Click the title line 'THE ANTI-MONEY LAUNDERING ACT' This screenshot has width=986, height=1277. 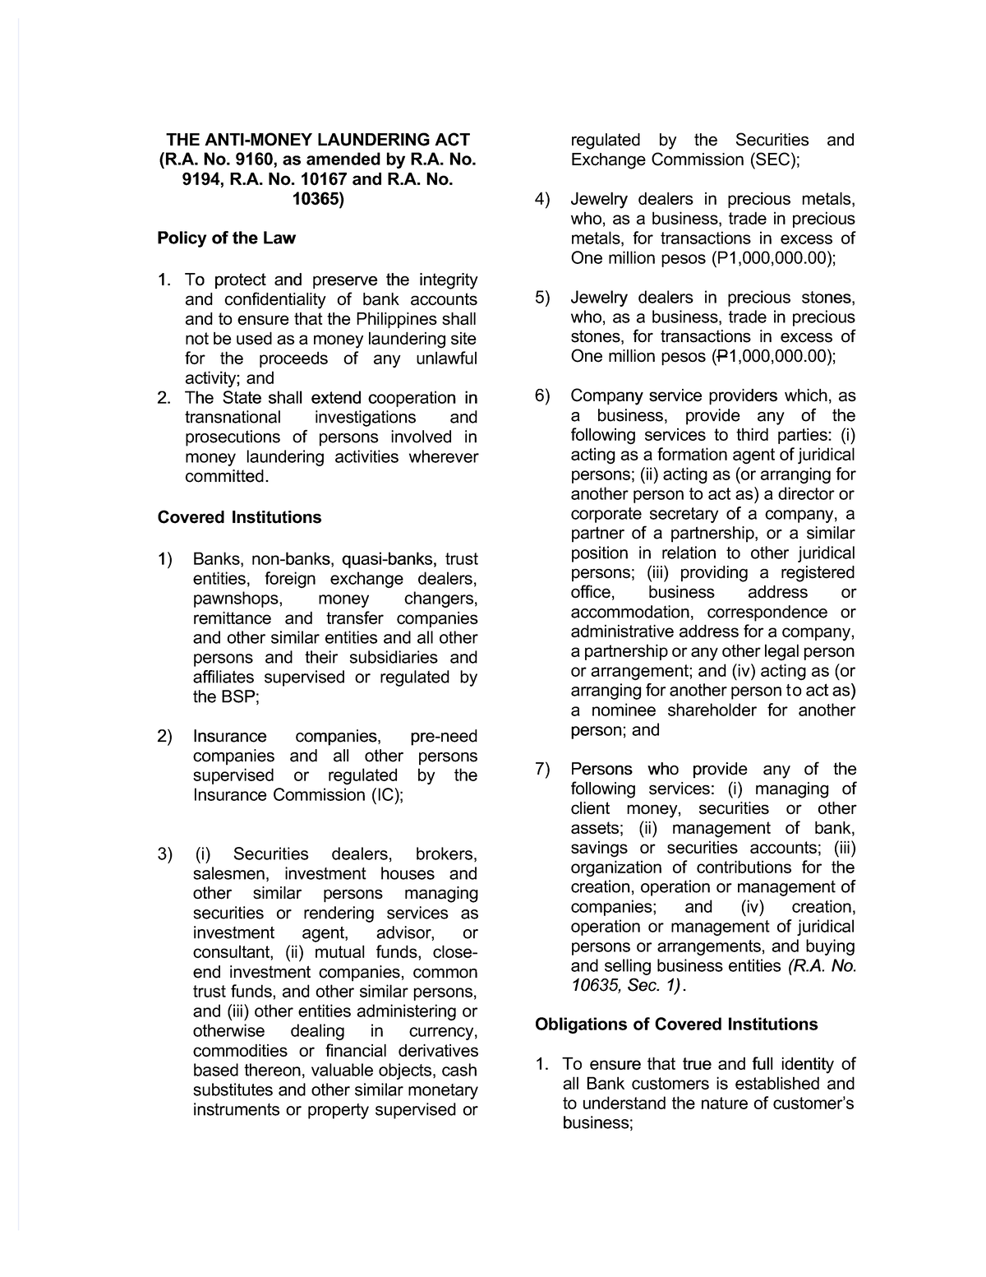317,140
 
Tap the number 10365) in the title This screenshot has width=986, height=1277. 317,199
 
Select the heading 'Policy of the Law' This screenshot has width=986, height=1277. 226,238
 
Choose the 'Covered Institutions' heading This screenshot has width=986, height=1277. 239,517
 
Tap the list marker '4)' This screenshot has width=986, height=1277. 542,199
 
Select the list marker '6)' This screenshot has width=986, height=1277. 542,396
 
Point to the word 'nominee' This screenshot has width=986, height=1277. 624,710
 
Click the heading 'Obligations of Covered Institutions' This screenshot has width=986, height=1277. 676,1024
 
